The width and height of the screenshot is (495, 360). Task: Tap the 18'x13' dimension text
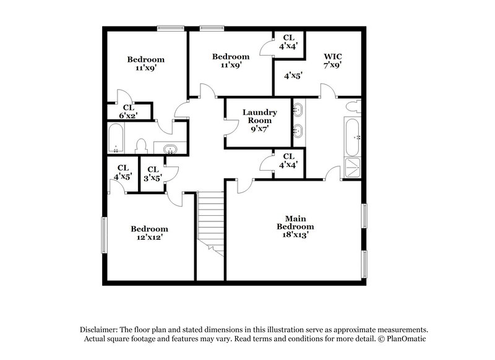coord(295,234)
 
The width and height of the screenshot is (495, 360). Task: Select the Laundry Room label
coord(259,116)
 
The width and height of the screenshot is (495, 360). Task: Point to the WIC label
coord(332,56)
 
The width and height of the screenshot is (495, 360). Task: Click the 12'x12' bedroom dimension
coord(149,236)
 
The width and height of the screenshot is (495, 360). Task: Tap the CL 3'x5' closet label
coord(152,173)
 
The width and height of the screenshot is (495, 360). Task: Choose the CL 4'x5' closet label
coord(123,171)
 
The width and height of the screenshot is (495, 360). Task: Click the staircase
coord(210,223)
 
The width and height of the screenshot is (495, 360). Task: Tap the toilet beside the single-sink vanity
coord(140,146)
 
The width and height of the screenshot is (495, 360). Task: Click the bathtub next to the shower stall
coord(351,137)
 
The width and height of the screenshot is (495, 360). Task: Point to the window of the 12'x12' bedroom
coord(103,234)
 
